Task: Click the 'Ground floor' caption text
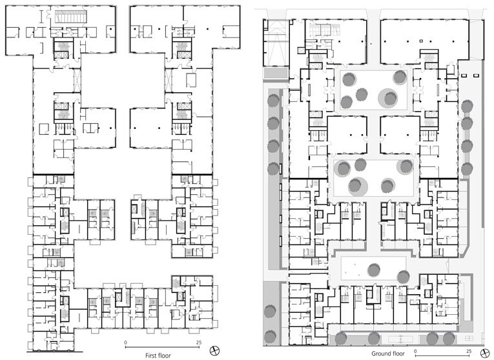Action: coord(387,354)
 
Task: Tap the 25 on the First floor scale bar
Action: coord(200,342)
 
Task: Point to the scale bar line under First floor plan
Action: coord(163,347)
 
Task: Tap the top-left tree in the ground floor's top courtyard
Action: coord(349,79)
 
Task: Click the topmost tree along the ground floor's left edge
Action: coord(273,100)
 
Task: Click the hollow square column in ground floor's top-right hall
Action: coord(420,41)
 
